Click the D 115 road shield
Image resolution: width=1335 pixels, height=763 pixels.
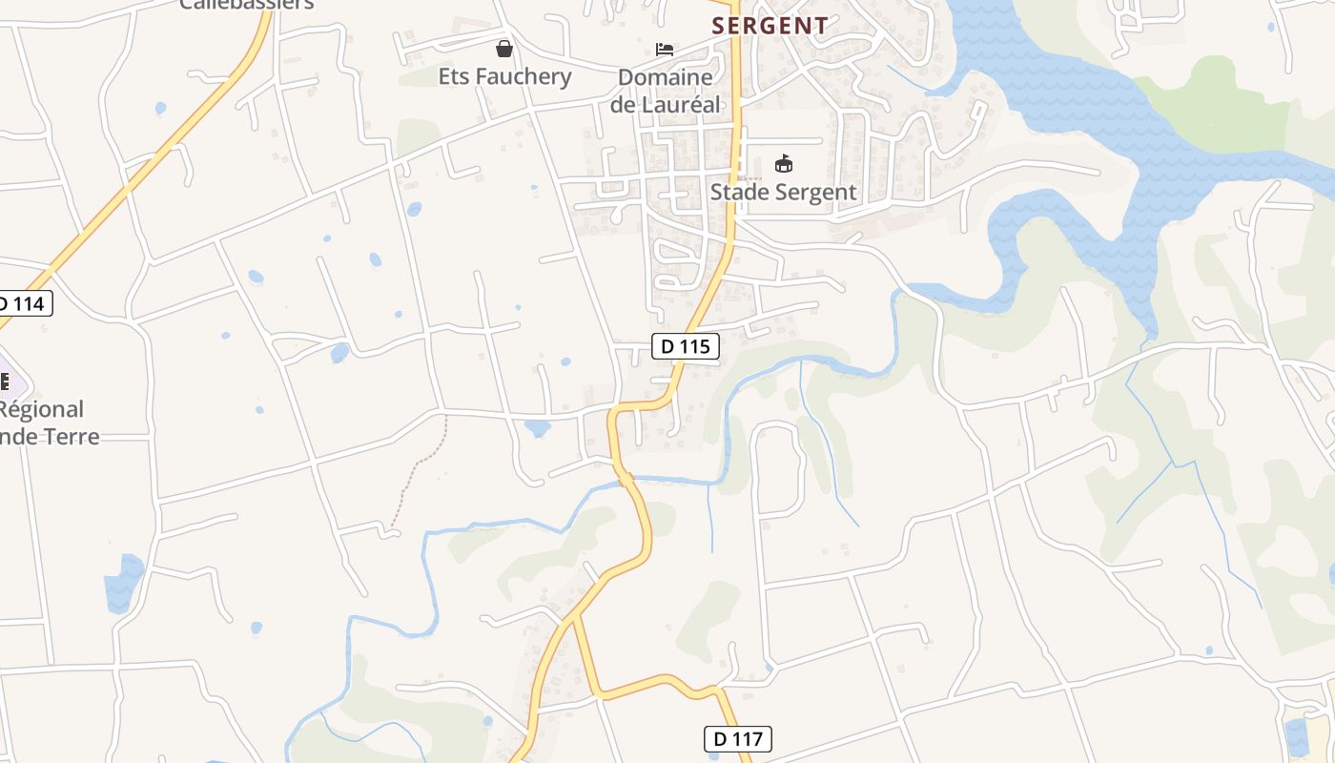[x=686, y=346]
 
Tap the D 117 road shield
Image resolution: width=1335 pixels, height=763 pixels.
[x=737, y=738]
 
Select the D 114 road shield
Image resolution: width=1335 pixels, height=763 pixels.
[x=22, y=304]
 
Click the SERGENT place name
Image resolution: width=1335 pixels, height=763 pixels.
[x=770, y=26]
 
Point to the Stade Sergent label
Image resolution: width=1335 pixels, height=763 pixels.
[x=783, y=192]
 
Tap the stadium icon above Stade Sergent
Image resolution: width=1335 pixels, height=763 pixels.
[x=783, y=164]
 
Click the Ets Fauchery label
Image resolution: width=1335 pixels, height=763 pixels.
[x=504, y=76]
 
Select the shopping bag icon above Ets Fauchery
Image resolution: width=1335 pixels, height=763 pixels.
[x=504, y=49]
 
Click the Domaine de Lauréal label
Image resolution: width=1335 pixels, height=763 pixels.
[x=665, y=91]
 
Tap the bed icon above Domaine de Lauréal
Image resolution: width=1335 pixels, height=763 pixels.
[x=665, y=49]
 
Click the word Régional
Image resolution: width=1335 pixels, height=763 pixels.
[x=42, y=409]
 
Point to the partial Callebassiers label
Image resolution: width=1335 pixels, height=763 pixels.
[x=247, y=5]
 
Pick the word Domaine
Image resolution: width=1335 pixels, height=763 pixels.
[x=665, y=77]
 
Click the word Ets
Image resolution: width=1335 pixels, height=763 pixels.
[x=454, y=76]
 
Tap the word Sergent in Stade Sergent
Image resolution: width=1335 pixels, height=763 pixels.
[x=813, y=192]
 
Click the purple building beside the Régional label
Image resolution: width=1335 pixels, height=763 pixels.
[x=11, y=383]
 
